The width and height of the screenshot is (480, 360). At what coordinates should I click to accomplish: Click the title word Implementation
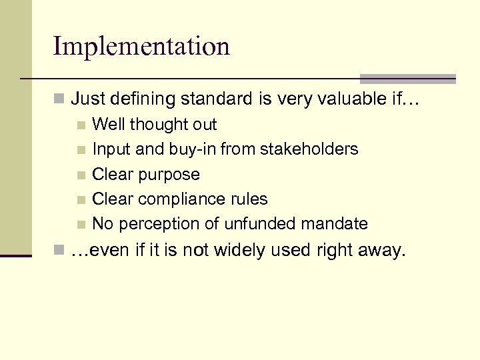click(x=141, y=47)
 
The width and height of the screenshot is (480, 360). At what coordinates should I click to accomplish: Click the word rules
click(x=249, y=199)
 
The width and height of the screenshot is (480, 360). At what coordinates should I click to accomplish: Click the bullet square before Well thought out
click(x=81, y=125)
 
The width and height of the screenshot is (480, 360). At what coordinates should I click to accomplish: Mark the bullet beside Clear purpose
click(x=81, y=175)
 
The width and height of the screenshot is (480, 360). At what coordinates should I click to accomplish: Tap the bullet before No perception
click(x=81, y=224)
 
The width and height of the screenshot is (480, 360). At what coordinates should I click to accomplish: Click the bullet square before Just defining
click(x=59, y=101)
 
